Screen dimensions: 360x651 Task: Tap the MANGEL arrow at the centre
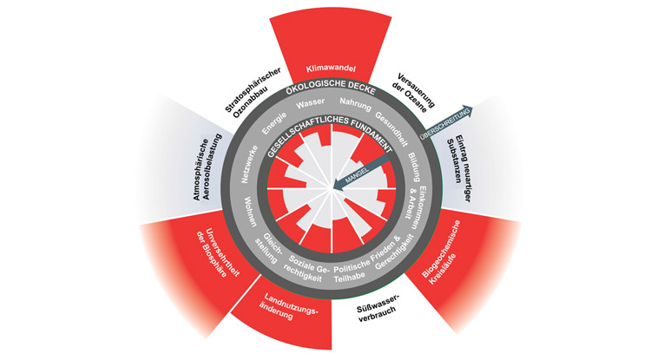pos(357,173)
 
